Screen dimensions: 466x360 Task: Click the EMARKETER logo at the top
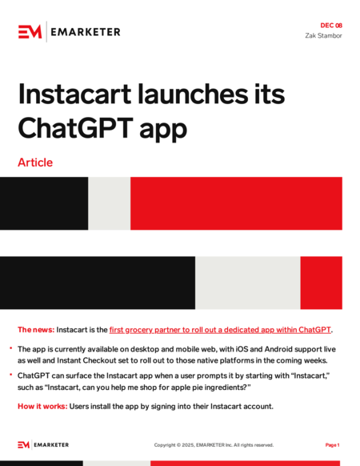(x=69, y=31)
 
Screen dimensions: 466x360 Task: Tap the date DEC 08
(x=331, y=26)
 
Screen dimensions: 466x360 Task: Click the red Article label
(x=35, y=163)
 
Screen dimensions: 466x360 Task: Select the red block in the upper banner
(x=236, y=203)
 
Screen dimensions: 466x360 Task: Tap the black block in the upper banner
(x=44, y=203)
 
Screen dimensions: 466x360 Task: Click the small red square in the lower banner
(x=321, y=283)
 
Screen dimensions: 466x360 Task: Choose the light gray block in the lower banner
(x=247, y=283)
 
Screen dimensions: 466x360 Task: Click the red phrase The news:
(x=36, y=330)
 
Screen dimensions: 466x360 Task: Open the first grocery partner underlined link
(x=220, y=330)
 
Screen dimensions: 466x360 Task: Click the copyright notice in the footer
(x=214, y=445)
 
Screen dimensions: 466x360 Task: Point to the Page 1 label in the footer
(x=333, y=445)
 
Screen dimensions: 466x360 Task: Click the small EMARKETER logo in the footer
(x=44, y=445)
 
